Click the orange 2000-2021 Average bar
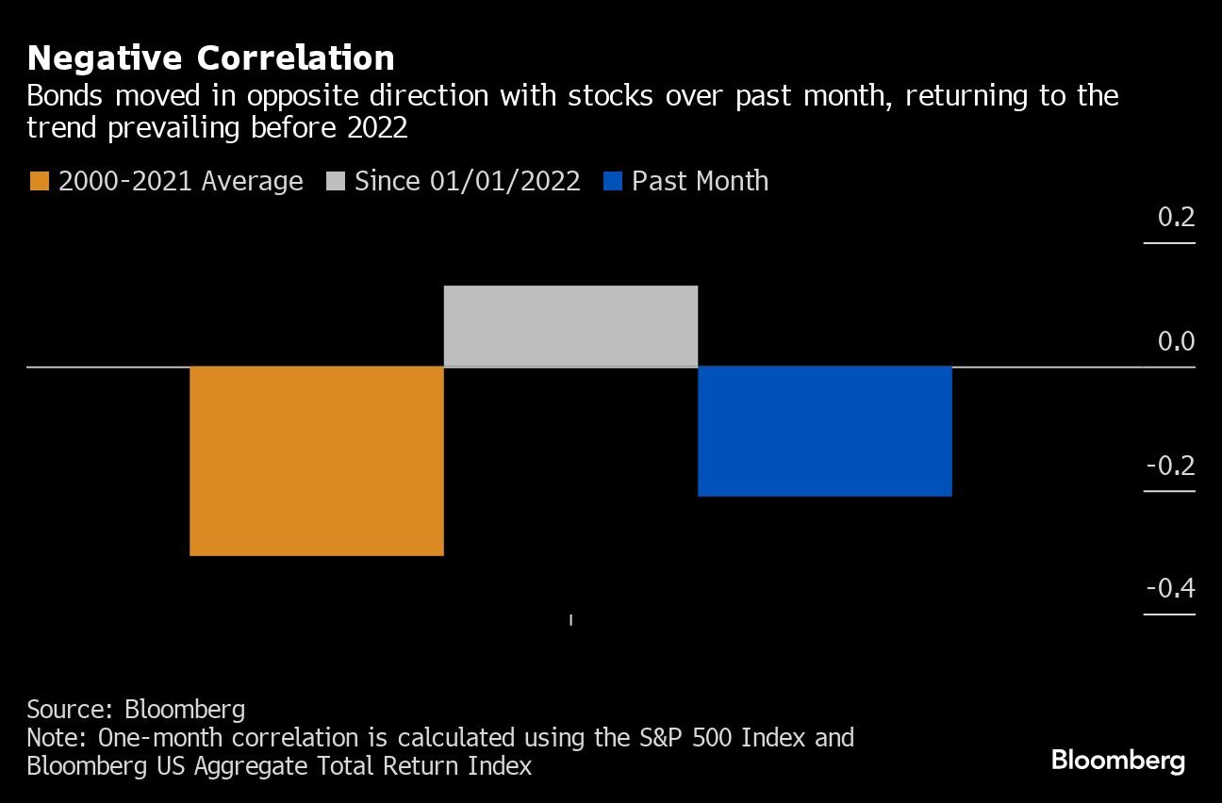[317, 461]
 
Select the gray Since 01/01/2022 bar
[570, 326]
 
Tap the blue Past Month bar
[824, 431]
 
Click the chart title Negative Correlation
[210, 58]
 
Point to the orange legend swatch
[39, 181]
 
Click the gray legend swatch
[335, 181]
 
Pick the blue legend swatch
[612, 181]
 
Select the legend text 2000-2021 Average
[180, 181]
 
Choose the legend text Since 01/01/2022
[467, 181]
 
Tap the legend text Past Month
[700, 181]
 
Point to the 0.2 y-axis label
[1176, 218]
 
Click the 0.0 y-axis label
[1176, 341]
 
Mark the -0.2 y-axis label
[1170, 466]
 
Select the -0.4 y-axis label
[1170, 589]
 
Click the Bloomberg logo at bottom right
[1117, 761]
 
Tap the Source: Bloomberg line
[136, 710]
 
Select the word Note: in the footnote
[56, 737]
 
